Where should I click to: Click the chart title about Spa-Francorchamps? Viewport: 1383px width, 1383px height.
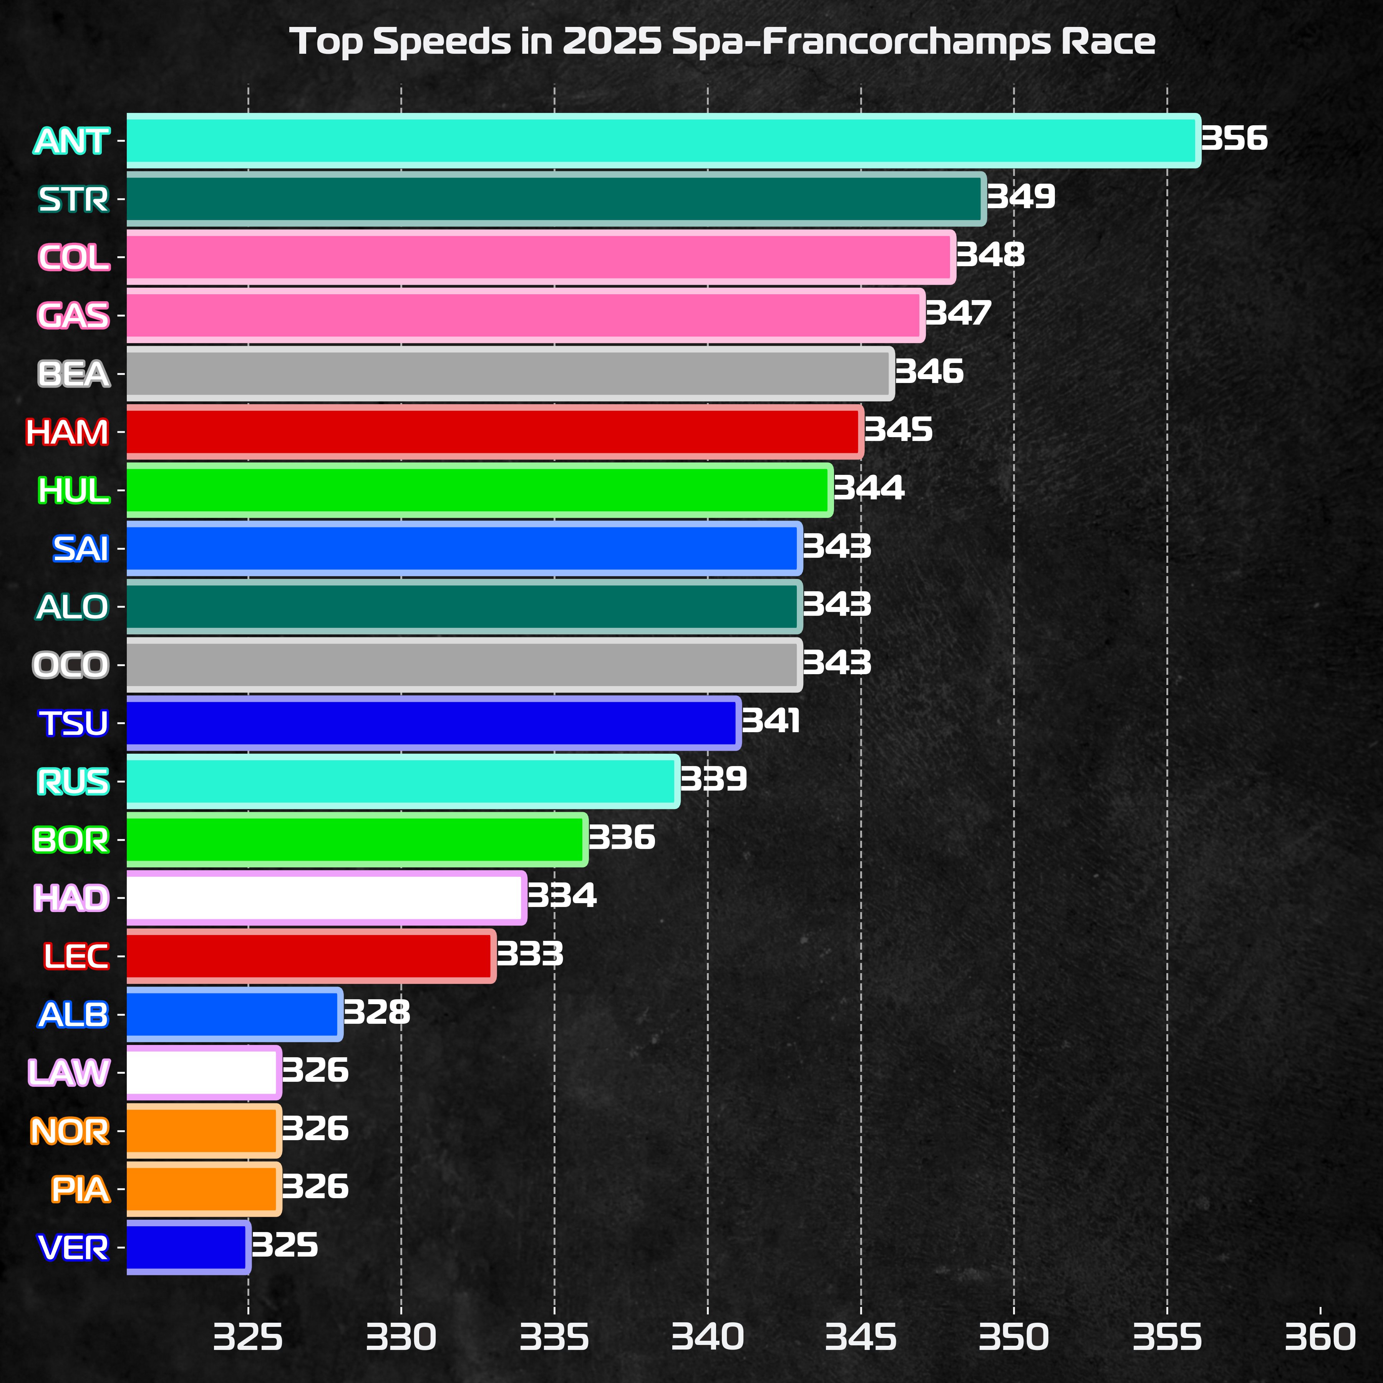721,41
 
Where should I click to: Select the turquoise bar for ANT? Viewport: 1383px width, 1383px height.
662,140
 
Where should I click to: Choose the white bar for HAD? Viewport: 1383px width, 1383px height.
326,898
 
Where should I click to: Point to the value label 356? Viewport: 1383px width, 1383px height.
1234,138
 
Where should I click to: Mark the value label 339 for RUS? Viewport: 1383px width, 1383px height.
713,779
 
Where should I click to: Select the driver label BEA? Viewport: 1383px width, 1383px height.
74,374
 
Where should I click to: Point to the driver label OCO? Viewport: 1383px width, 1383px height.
71,665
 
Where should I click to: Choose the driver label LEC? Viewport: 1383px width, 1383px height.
76,956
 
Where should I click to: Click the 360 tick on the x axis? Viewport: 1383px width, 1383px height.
1320,1337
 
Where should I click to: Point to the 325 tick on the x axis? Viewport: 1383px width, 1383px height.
249,1337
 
